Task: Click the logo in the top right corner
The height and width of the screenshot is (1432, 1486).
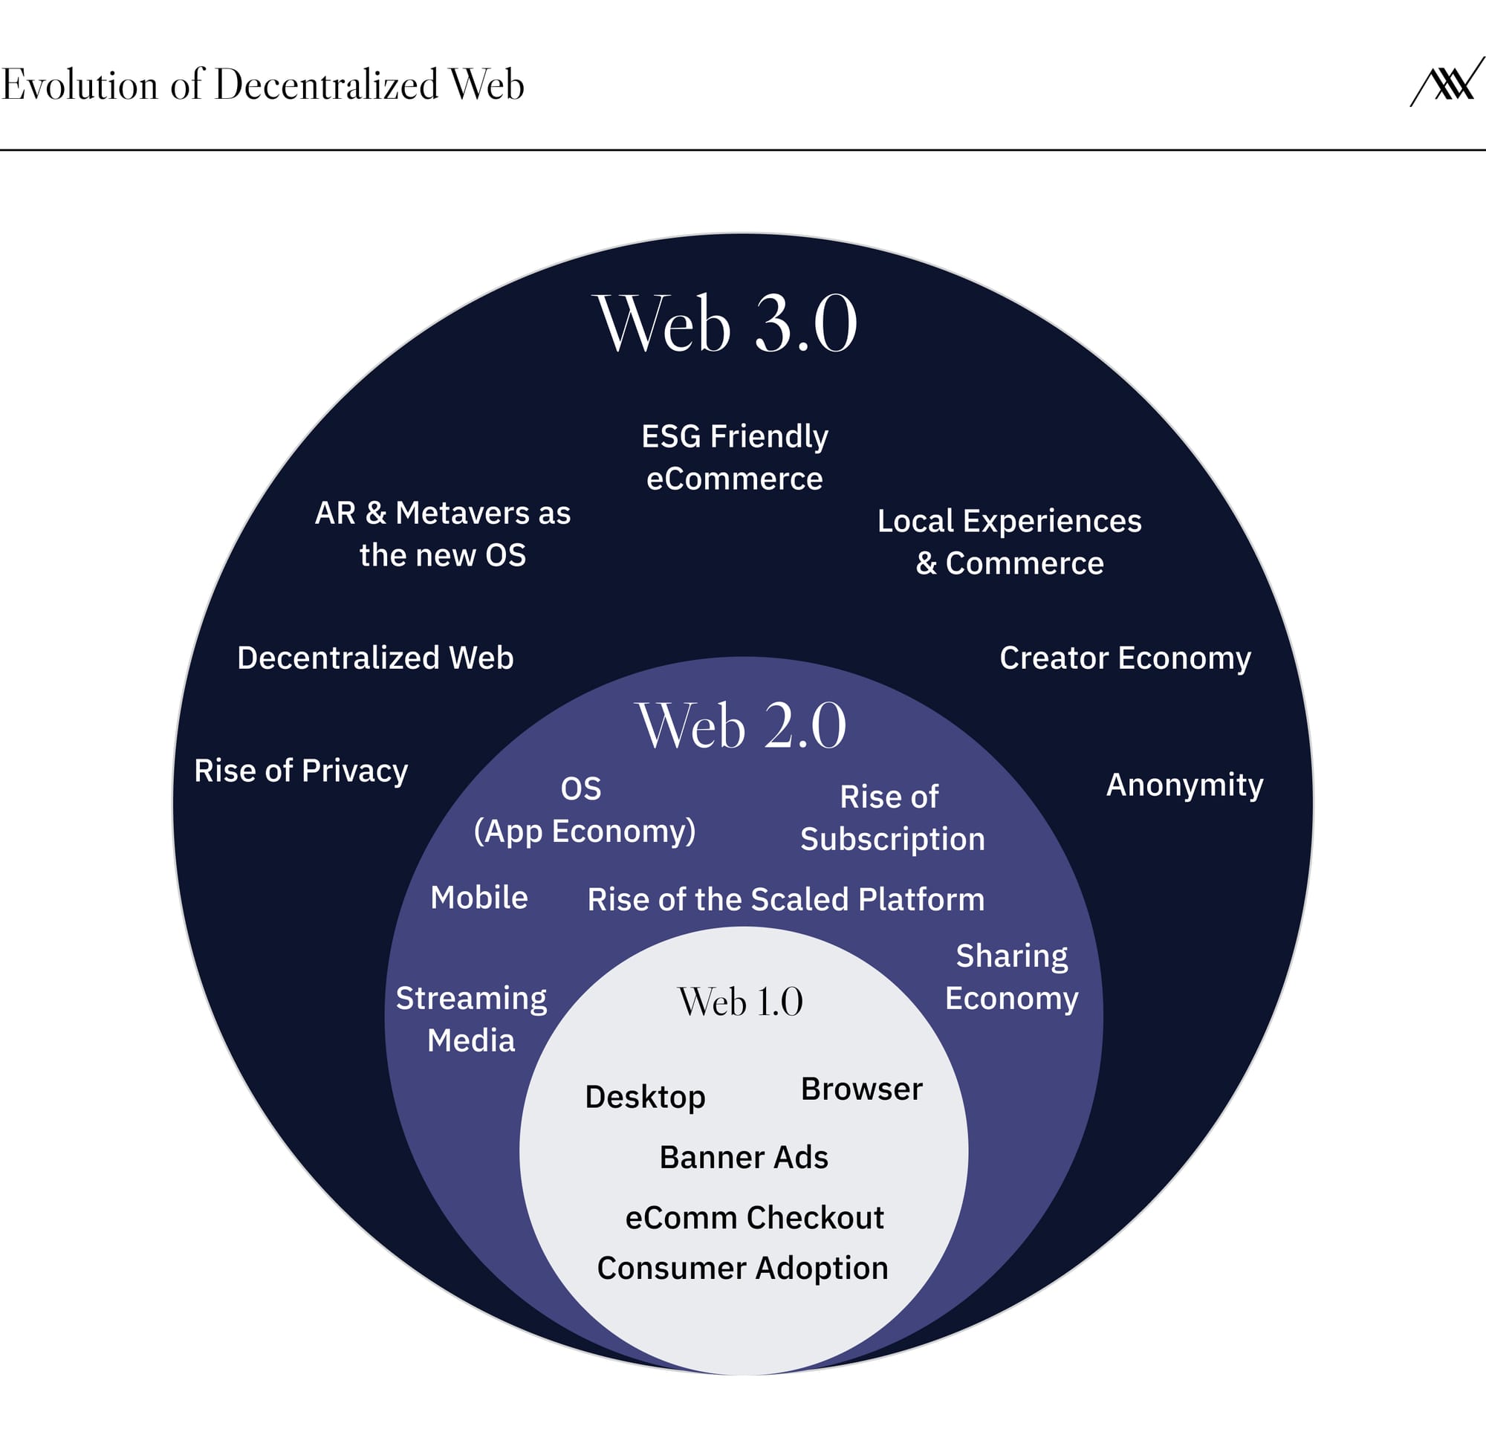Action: [x=1447, y=82]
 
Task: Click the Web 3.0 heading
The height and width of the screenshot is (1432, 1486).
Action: [x=727, y=325]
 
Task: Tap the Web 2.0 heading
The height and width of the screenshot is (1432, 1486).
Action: [x=741, y=726]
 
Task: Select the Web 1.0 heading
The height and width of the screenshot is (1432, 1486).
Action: [x=740, y=1001]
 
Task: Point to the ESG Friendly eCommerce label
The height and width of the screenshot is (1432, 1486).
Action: [x=735, y=457]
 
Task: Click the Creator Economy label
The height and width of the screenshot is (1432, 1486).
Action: [x=1124, y=658]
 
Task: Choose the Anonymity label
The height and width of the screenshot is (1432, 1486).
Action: [x=1184, y=785]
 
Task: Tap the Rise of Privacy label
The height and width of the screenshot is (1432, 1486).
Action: [x=301, y=771]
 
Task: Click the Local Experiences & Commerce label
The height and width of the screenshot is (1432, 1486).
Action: [x=1009, y=542]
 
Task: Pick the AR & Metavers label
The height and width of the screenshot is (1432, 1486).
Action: [x=443, y=534]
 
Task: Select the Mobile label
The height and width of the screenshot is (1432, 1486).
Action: [x=478, y=897]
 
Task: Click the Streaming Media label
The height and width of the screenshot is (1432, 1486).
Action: [x=471, y=1019]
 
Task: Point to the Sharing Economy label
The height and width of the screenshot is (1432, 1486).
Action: [x=1011, y=977]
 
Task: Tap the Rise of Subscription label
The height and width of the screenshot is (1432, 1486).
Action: [x=892, y=817]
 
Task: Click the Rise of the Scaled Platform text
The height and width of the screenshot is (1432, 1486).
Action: [x=785, y=899]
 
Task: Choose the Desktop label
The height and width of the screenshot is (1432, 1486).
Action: [x=645, y=1097]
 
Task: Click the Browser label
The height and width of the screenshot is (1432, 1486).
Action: [x=861, y=1089]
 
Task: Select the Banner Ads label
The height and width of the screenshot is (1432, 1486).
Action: [x=744, y=1158]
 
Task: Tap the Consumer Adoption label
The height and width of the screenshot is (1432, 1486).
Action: [x=742, y=1269]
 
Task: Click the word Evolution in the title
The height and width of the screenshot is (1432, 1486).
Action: [x=80, y=84]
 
